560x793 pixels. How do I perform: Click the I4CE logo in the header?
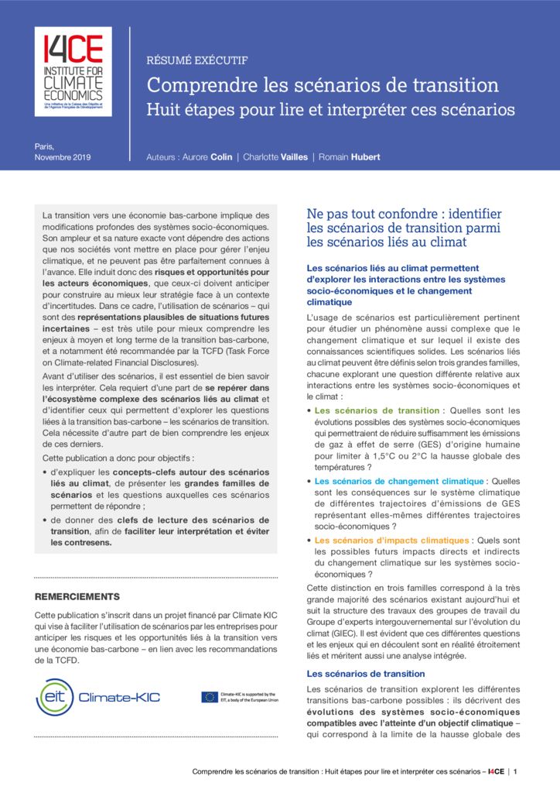point(73,71)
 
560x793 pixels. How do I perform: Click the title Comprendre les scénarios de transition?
point(323,84)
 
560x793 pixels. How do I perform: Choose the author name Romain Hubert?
point(347,157)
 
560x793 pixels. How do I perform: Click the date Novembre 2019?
point(63,157)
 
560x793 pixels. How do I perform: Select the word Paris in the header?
point(45,146)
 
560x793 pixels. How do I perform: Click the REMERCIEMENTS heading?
point(78,596)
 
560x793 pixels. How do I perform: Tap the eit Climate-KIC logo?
point(98,697)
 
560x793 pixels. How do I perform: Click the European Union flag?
point(209,697)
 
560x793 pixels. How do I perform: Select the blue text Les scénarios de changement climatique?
point(399,481)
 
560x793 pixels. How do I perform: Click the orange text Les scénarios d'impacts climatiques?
point(391,540)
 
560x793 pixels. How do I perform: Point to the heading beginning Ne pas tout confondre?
point(404,214)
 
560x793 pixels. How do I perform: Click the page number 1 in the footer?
point(516,771)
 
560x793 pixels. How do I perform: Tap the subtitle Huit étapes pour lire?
point(330,109)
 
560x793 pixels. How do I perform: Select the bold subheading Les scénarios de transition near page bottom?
point(366,674)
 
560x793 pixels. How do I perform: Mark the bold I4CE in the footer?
point(496,771)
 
